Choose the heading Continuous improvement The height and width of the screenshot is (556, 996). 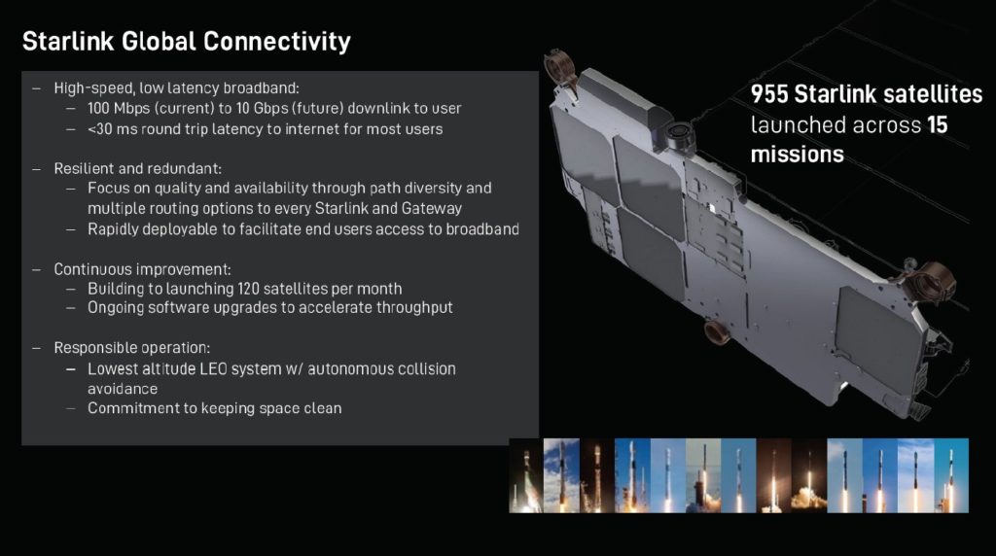pos(142,268)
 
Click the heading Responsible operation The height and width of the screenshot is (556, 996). pos(131,348)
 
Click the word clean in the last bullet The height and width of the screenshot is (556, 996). pos(323,408)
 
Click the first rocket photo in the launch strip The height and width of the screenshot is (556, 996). pos(525,475)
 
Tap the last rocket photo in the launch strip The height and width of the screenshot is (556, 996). pos(951,475)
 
